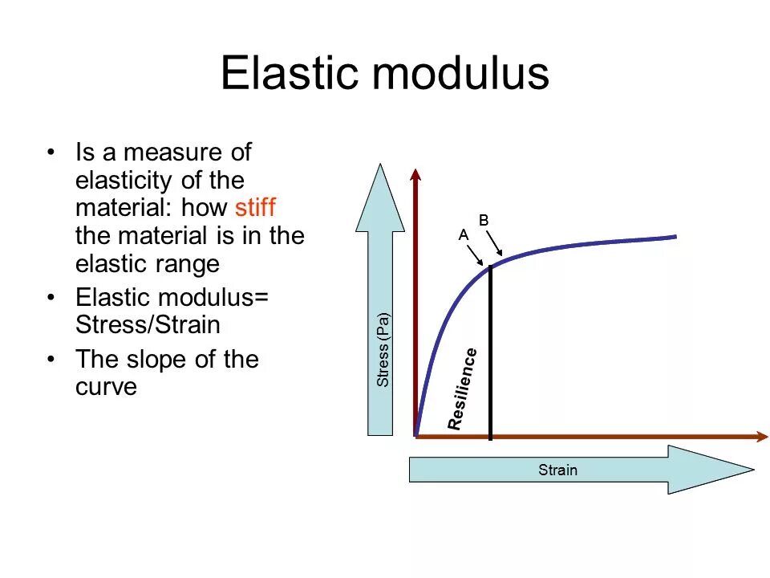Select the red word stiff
[x=255, y=208]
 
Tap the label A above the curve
[x=463, y=235]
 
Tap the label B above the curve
[x=484, y=219]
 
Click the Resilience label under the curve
[x=464, y=389]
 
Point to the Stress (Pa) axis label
[x=383, y=350]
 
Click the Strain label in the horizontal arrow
[x=557, y=470]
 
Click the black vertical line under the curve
[x=490, y=353]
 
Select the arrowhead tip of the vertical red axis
[x=415, y=172]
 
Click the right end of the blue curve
[x=675, y=236]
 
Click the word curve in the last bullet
[x=107, y=386]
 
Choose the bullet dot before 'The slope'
[x=52, y=359]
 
